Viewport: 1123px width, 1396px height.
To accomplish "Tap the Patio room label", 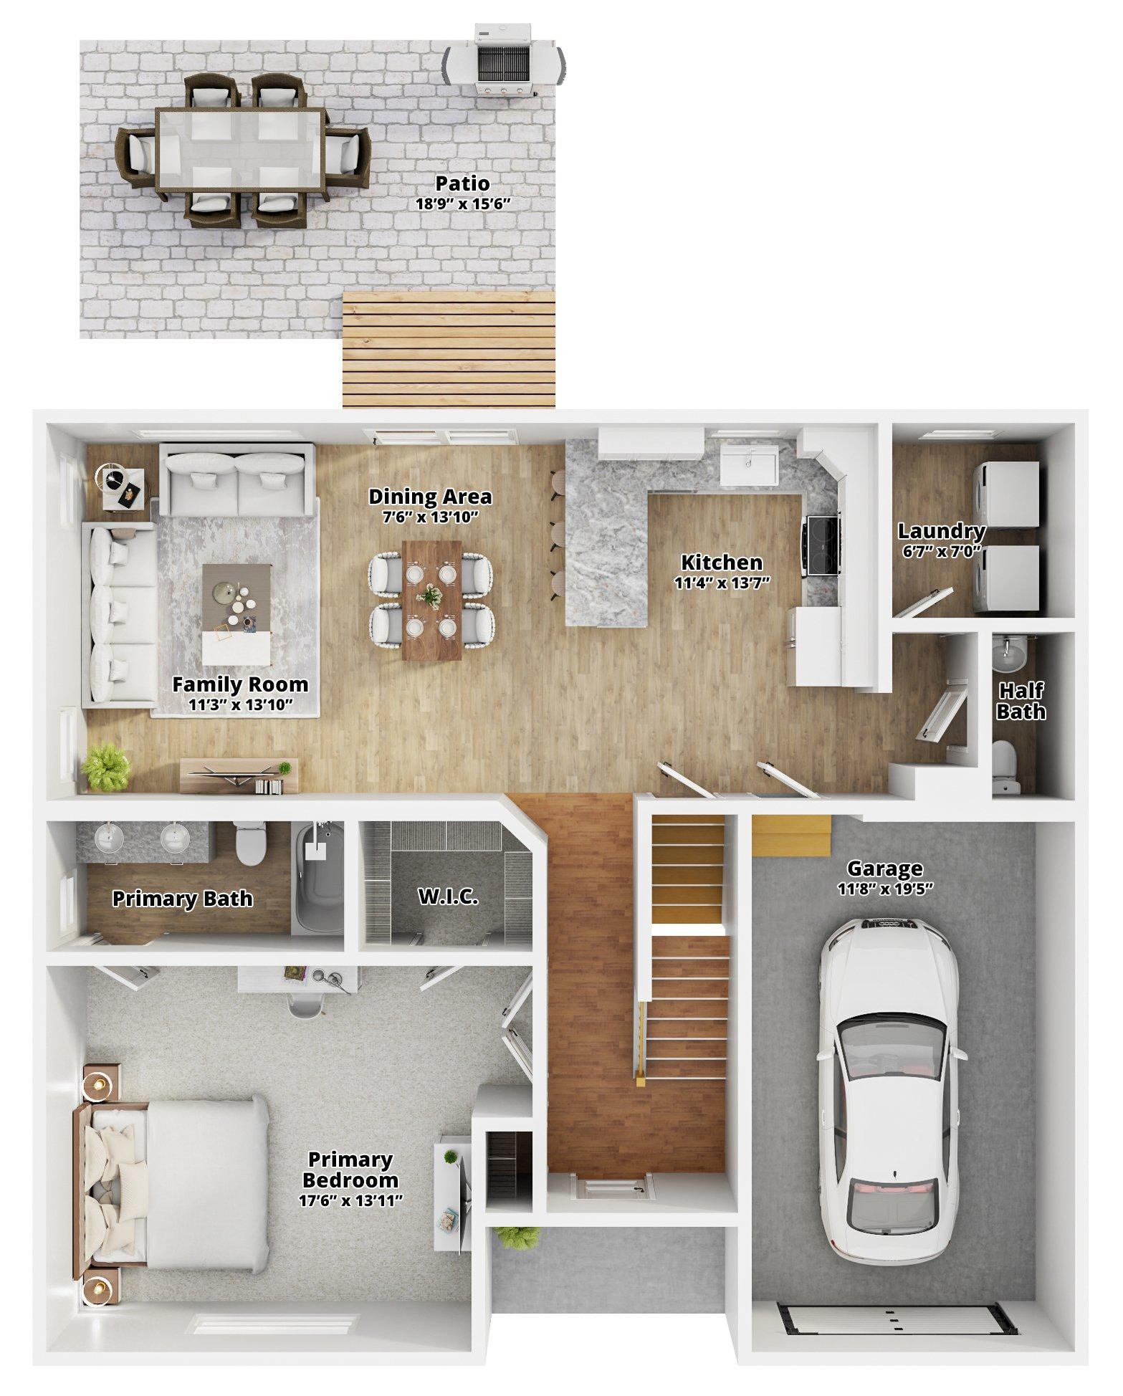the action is [463, 183].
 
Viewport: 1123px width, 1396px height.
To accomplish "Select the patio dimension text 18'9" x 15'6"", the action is [463, 204].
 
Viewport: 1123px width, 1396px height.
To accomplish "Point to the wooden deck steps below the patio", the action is [449, 350].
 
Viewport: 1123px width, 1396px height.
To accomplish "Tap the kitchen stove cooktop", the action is [823, 545].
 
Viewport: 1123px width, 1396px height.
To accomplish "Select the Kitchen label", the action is [722, 563].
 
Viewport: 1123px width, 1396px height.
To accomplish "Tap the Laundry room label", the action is [941, 532].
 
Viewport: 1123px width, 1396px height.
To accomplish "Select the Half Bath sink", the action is [1010, 649].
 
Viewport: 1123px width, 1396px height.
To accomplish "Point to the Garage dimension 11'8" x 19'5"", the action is [884, 889].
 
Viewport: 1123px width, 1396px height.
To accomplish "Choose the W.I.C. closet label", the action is [448, 897].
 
